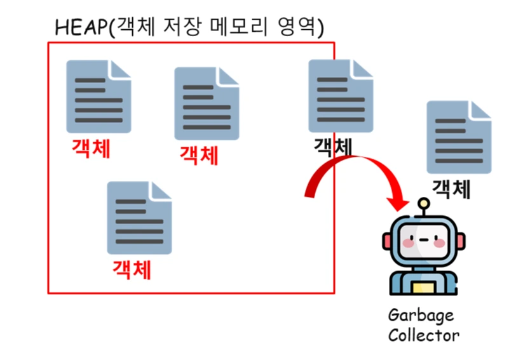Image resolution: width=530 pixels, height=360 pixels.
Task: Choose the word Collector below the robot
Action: [x=423, y=335]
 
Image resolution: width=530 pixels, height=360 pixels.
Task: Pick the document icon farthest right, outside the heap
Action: [x=458, y=137]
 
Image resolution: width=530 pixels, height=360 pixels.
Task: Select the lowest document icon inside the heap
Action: [x=139, y=218]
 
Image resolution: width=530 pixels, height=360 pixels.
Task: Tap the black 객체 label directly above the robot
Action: [x=451, y=189]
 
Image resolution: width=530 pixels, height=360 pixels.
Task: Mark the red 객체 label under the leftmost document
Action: [x=91, y=149]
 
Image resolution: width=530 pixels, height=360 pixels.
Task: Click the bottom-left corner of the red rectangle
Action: [x=49, y=293]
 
